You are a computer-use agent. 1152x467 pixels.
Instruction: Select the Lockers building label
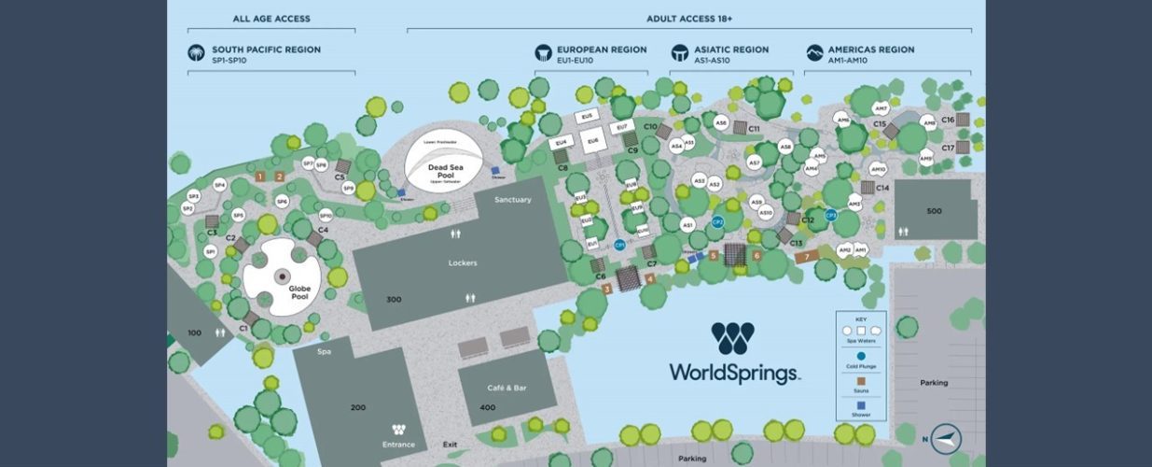tap(462, 263)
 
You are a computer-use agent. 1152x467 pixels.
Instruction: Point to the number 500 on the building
tap(934, 211)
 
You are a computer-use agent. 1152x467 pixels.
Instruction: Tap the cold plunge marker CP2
tap(717, 221)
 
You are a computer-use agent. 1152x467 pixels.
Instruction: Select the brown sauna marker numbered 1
tap(260, 176)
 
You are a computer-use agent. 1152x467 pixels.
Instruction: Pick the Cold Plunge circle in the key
tap(861, 356)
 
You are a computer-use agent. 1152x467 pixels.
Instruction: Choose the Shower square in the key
tap(861, 404)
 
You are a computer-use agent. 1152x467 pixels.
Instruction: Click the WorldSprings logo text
tap(733, 373)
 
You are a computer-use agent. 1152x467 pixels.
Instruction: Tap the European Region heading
tap(601, 50)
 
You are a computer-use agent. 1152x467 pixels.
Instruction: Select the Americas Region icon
tap(814, 53)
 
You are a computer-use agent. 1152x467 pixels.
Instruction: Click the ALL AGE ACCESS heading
tap(271, 19)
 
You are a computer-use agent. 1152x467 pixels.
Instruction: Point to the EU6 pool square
tap(592, 141)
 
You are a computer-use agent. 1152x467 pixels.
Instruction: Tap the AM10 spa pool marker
tap(877, 169)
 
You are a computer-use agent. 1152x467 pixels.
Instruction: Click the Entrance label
tap(398, 445)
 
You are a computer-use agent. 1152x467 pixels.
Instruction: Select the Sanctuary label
tap(512, 200)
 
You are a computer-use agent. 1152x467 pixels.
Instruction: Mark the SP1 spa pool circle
tap(211, 252)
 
